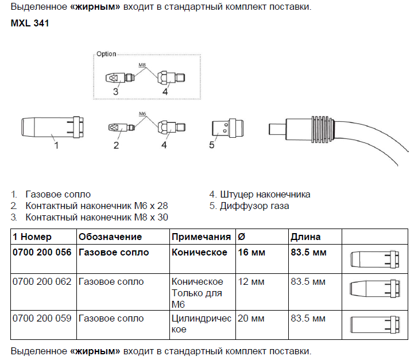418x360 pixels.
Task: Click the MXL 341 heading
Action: [29, 25]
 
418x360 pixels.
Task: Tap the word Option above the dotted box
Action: [106, 54]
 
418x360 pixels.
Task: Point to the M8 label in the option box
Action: [142, 65]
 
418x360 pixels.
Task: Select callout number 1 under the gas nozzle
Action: [56, 146]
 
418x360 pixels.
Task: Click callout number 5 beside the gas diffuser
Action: [211, 146]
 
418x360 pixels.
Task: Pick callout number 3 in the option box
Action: [115, 91]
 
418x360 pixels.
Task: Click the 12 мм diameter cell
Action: [251, 282]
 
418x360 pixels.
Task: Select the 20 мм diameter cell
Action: [251, 318]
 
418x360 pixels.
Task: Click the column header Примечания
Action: [200, 237]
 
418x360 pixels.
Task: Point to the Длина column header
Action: [306, 237]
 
